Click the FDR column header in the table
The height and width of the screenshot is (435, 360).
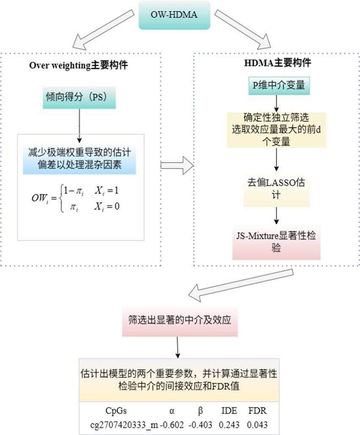click(257, 411)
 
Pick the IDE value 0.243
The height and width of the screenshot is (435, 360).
click(228, 424)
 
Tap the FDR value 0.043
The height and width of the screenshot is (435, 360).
click(257, 424)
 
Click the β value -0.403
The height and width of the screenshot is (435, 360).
click(201, 424)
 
